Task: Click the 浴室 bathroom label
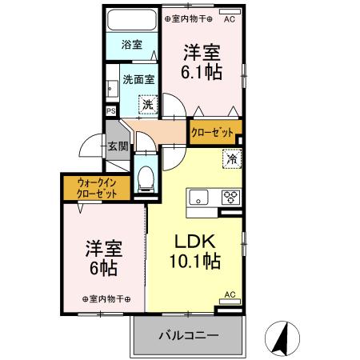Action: (x=132, y=45)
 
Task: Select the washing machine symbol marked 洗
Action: (x=148, y=104)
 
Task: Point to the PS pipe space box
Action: (x=111, y=111)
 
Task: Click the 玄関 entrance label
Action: (x=118, y=146)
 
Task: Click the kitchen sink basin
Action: (x=198, y=198)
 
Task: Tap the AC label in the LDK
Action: (x=230, y=294)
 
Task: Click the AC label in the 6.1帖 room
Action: (x=230, y=18)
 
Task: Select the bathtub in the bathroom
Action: (x=132, y=20)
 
